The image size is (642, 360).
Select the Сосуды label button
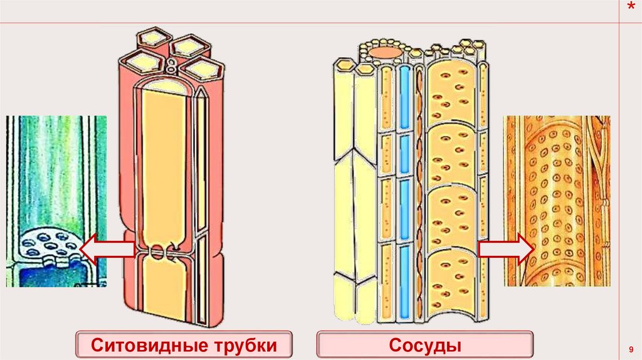pos(425,346)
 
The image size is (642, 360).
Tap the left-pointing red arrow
pos(107,250)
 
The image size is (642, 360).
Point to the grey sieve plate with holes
pos(48,244)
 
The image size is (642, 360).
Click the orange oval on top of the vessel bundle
pos(385,51)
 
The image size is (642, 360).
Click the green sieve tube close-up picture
pos(56,201)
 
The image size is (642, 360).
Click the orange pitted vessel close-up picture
pos(557,201)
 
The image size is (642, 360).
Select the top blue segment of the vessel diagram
pos(404,97)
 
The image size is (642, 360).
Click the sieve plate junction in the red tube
pos(160,253)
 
